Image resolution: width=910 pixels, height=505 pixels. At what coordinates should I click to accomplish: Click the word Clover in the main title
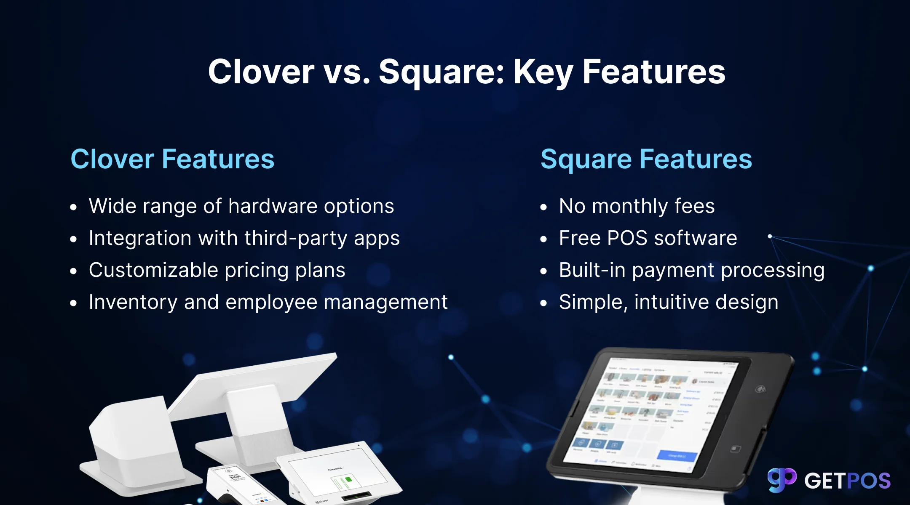coord(261,72)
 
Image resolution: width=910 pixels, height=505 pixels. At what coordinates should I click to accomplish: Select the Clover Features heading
coord(172,159)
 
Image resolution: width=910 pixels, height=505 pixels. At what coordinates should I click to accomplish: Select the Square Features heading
coord(646,159)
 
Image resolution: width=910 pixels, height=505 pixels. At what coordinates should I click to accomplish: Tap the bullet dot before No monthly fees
coord(543,207)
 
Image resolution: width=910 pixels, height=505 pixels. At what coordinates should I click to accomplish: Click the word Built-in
coord(592,270)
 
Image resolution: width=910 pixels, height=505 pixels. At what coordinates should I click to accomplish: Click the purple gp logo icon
coord(782,480)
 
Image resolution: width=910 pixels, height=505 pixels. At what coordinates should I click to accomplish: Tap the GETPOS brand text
coord(847,481)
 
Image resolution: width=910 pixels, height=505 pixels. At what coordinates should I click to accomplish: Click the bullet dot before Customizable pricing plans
coord(74,271)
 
